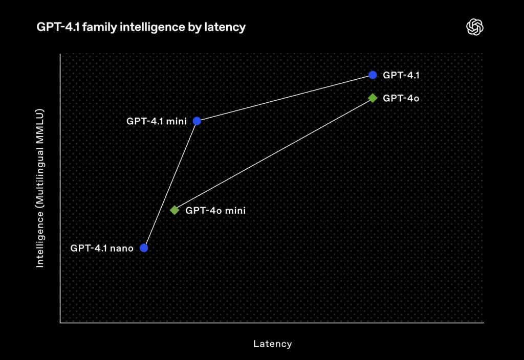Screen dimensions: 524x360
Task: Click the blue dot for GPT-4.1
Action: [x=373, y=75]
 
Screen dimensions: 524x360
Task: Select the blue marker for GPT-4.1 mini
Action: [x=197, y=121]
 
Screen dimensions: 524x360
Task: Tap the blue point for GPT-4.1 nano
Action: [x=144, y=248]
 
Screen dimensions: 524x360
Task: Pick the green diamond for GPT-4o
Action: [x=373, y=98]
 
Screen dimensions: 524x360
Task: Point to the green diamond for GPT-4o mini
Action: [x=174, y=210]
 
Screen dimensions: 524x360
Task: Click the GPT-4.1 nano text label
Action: [x=102, y=248]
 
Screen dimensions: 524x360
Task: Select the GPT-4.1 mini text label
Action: [x=157, y=121]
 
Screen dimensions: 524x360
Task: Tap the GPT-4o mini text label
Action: [x=215, y=210]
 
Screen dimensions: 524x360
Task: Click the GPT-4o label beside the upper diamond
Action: [x=401, y=98]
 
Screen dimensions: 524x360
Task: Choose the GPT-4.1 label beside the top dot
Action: [x=401, y=75]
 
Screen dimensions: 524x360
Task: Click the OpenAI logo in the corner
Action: [x=474, y=27]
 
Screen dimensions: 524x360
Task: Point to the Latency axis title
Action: [x=272, y=344]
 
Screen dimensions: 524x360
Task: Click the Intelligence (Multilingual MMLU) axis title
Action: [x=40, y=188]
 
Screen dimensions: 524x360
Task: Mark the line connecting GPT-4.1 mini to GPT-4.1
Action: [x=285, y=98]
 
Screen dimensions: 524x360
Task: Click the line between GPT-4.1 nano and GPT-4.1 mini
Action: [x=170, y=184]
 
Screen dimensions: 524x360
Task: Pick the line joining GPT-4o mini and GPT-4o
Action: [x=273, y=154]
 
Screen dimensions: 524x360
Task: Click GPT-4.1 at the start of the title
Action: [x=58, y=27]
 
